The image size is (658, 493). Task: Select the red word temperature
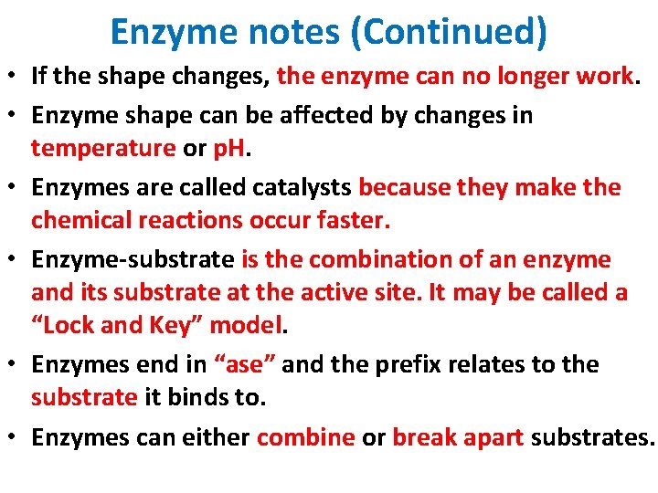pyautogui.click(x=102, y=148)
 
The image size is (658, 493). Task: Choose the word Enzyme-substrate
pyautogui.click(x=133, y=259)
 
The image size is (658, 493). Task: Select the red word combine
pyautogui.click(x=305, y=436)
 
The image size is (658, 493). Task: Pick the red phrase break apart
pyautogui.click(x=458, y=436)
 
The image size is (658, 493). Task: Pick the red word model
pyautogui.click(x=250, y=325)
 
